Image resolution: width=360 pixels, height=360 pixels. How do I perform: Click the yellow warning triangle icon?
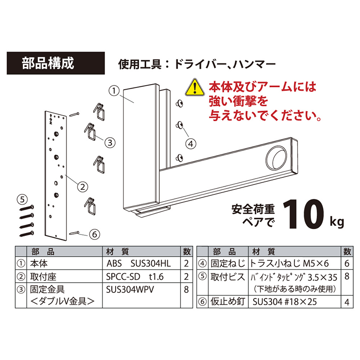tap(195, 87)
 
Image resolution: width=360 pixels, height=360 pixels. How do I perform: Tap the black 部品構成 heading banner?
tap(56, 63)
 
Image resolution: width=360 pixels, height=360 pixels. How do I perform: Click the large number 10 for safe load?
tap(303, 214)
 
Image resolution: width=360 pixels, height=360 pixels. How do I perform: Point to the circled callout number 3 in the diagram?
tap(110, 143)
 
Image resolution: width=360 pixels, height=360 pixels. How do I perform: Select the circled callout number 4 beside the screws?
tap(191, 144)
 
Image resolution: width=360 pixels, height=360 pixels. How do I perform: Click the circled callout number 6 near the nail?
tap(94, 234)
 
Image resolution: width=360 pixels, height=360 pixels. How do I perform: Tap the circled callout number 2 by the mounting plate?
tap(83, 187)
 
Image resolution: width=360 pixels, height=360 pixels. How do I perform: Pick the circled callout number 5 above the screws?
tap(22, 199)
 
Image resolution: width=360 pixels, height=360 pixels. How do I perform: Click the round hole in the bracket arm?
tap(276, 158)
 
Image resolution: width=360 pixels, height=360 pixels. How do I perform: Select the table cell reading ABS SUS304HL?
tap(139, 263)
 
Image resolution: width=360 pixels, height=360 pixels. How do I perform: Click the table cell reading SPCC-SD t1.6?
tap(135, 277)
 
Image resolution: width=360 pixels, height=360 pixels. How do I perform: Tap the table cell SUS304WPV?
tap(130, 290)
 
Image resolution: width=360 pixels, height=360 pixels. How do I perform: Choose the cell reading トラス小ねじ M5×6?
tap(289, 263)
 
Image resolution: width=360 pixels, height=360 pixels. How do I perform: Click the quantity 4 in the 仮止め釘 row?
tap(347, 302)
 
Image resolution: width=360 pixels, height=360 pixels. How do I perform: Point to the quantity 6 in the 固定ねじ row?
tap(347, 263)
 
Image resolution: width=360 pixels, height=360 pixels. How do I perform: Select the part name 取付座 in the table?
tap(43, 277)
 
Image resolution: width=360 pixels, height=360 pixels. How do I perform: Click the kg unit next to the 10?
tap(337, 222)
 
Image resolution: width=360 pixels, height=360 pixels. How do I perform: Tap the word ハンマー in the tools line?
tap(254, 64)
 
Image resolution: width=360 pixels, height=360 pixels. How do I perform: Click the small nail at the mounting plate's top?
tap(74, 114)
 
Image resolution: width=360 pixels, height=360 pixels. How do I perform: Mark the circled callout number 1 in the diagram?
tap(114, 91)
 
